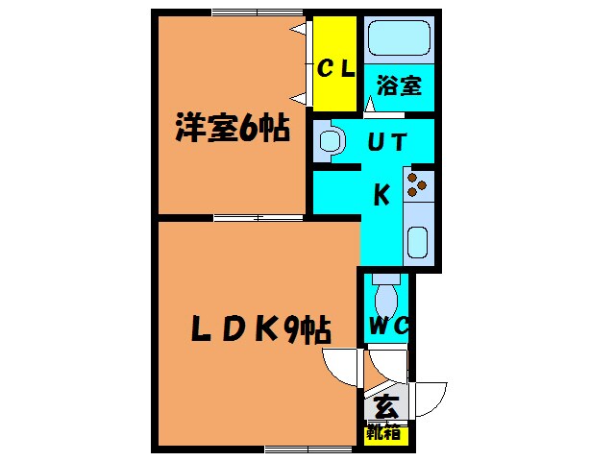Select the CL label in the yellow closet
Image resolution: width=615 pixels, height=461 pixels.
click(336, 68)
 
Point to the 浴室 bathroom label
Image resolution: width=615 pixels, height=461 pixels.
click(399, 85)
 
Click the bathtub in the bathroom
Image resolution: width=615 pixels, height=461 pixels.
click(399, 39)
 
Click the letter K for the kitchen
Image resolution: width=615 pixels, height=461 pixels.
click(381, 195)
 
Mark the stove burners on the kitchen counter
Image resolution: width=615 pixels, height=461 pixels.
click(419, 183)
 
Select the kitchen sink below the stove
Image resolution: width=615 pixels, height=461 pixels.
click(418, 241)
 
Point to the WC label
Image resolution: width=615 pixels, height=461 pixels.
click(389, 327)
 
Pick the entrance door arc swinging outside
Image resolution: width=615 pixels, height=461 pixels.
click(431, 396)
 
